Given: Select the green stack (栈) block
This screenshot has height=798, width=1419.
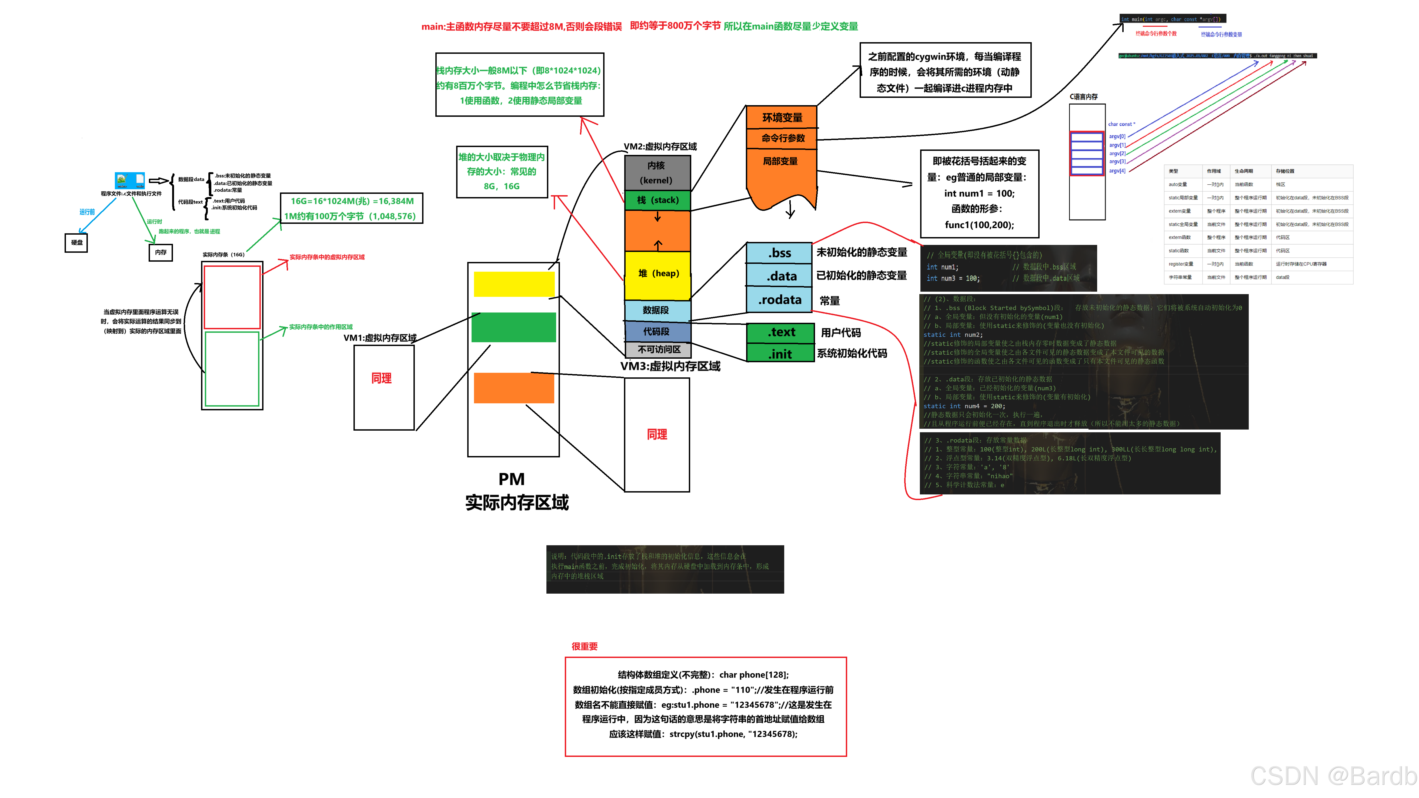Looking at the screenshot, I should [x=657, y=200].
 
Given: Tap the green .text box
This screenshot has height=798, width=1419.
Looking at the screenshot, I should [x=780, y=332].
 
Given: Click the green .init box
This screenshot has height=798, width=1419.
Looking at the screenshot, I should [x=780, y=354].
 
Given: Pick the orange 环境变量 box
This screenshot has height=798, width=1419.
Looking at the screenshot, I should [x=782, y=117].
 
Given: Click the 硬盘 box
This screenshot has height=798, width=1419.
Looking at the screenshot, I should [x=76, y=242].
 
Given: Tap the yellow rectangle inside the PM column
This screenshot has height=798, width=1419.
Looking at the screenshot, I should [x=513, y=284].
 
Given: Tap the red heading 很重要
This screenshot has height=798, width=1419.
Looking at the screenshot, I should [x=585, y=646].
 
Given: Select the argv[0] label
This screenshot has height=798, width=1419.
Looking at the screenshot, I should [x=1117, y=136].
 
